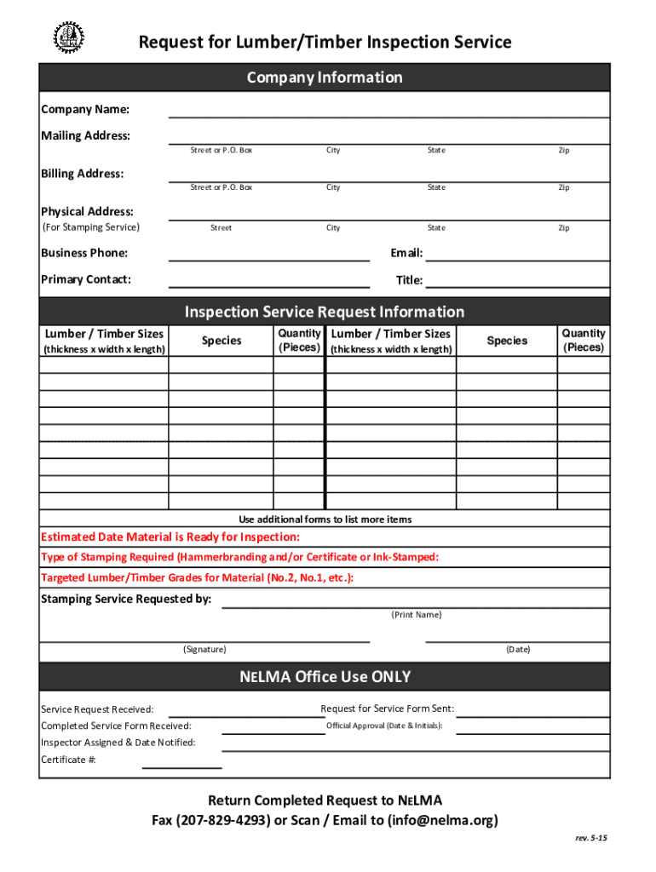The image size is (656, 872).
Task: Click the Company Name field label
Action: (x=85, y=110)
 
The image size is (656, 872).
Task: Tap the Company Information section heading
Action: (x=325, y=77)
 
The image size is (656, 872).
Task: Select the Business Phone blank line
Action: (x=269, y=255)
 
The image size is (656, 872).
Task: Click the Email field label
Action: (x=406, y=253)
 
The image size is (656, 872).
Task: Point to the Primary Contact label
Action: (x=86, y=279)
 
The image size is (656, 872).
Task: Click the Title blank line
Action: (x=518, y=282)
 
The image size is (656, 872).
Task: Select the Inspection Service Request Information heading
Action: (x=325, y=312)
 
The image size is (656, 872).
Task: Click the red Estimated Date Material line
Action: (x=170, y=537)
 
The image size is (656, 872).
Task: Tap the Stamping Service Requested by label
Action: (x=126, y=599)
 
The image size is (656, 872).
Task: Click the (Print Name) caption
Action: (x=416, y=614)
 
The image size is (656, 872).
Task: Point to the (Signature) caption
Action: (x=204, y=649)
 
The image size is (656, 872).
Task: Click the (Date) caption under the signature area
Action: (x=518, y=649)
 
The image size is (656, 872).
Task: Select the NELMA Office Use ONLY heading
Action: (x=325, y=677)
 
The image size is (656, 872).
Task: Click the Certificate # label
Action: (x=68, y=760)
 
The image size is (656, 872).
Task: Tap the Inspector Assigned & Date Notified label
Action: (x=118, y=743)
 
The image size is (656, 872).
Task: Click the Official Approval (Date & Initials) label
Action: (x=384, y=726)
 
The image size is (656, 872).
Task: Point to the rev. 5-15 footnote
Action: (x=591, y=838)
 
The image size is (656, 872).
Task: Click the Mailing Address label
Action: (x=86, y=136)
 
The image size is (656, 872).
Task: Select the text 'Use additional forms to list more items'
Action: (x=325, y=519)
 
